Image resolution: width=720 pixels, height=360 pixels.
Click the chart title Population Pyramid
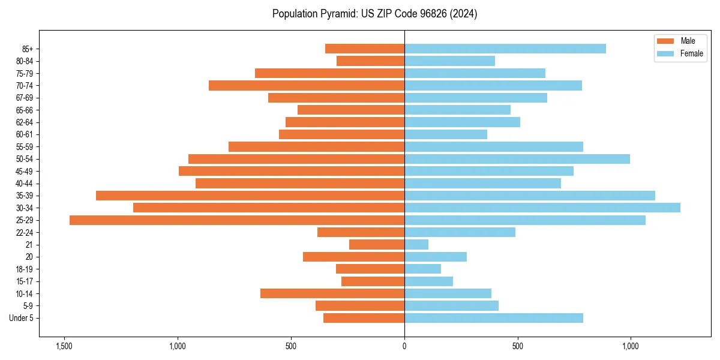pyautogui.click(x=374, y=14)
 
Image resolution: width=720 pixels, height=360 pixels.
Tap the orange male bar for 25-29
pyautogui.click(x=237, y=220)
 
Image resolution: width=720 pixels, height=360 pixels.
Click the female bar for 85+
pyautogui.click(x=505, y=49)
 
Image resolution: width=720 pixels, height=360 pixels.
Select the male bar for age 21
pyautogui.click(x=377, y=245)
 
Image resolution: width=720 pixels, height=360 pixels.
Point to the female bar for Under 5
pyautogui.click(x=494, y=318)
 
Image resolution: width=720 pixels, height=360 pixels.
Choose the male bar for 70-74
pyautogui.click(x=307, y=85)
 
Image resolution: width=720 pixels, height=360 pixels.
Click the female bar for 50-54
pyautogui.click(x=517, y=159)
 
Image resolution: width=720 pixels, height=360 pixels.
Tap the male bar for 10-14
pyautogui.click(x=332, y=293)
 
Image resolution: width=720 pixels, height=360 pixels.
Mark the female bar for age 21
pyautogui.click(x=416, y=245)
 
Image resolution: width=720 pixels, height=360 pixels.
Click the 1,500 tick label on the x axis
pyautogui.click(x=64, y=347)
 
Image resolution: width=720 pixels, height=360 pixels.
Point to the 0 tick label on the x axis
pyautogui.click(x=404, y=347)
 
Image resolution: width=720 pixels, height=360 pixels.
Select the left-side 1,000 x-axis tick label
pyautogui.click(x=178, y=347)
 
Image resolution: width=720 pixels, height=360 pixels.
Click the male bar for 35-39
pyautogui.click(x=250, y=196)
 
